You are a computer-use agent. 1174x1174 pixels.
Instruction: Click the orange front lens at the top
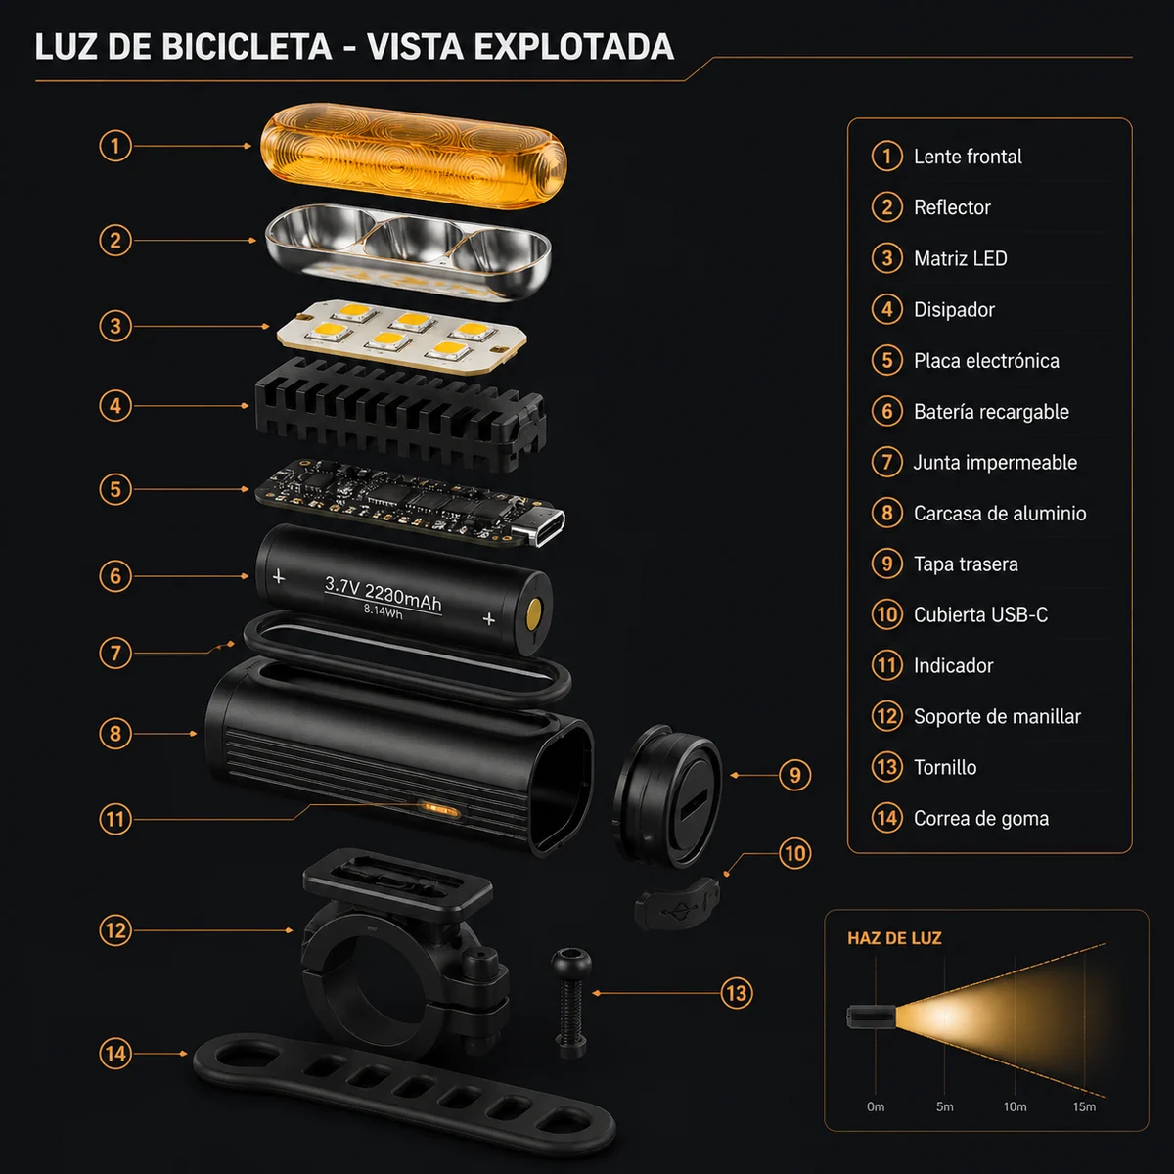(413, 157)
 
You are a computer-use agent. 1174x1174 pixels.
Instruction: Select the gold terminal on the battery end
(533, 614)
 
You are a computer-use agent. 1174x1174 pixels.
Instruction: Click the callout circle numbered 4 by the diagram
(115, 405)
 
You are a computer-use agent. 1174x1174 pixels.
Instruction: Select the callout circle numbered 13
(736, 994)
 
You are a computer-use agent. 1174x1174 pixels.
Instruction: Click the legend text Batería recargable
(990, 412)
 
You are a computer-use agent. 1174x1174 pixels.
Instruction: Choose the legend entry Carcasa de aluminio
(999, 514)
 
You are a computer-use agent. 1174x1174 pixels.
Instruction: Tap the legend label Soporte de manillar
(996, 717)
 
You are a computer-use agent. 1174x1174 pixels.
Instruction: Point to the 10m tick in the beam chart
(1015, 1106)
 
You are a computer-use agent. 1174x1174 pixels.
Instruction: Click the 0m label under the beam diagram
(876, 1106)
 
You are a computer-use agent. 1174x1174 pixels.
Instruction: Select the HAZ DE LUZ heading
(894, 938)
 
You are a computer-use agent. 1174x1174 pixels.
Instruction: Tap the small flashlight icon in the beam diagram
(870, 1016)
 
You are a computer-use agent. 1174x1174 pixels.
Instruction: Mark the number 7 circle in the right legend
(886, 462)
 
